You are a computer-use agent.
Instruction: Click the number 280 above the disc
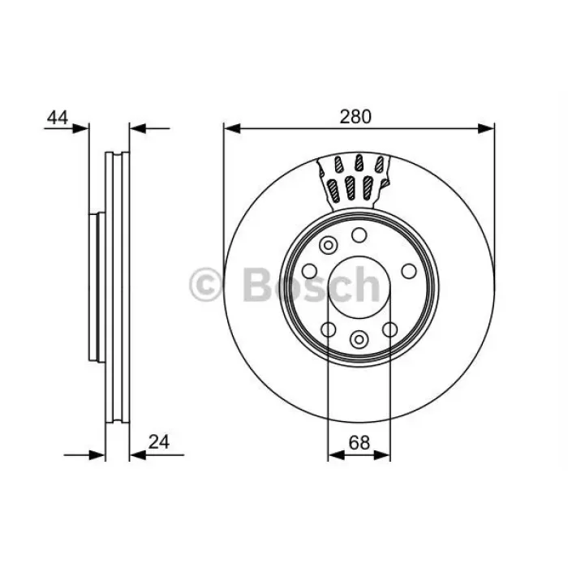[355, 117]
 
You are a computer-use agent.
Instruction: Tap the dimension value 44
[58, 118]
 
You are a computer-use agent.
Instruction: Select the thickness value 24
[159, 442]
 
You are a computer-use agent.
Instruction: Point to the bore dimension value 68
[359, 442]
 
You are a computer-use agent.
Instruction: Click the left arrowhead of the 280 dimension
[232, 128]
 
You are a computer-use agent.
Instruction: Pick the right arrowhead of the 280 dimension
[486, 128]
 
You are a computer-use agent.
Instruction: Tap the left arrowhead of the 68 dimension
[336, 455]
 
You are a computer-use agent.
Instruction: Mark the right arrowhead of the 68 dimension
[382, 455]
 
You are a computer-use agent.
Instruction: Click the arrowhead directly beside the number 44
[80, 128]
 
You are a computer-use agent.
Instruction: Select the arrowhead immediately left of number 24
[138, 455]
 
